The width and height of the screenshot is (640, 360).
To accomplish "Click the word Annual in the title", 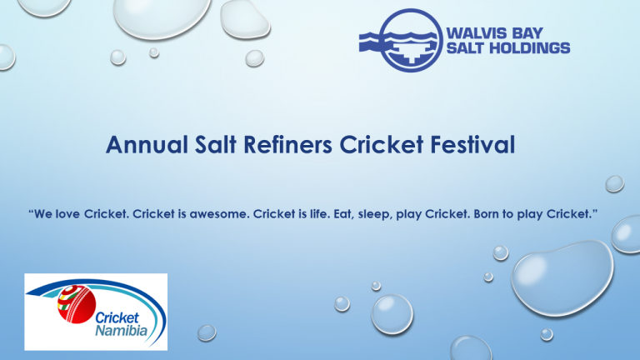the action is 147,145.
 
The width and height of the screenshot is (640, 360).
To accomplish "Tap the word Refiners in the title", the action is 287,145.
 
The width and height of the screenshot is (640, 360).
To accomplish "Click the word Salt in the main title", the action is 216,145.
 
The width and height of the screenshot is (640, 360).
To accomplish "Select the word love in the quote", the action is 67,214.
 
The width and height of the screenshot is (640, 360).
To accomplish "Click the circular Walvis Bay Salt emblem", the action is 411,40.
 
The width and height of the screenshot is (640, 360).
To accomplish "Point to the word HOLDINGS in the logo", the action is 530,48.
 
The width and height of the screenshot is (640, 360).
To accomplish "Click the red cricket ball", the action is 77,304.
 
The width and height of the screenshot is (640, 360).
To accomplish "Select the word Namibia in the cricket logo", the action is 121,330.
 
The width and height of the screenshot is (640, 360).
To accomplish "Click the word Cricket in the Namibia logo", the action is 117,317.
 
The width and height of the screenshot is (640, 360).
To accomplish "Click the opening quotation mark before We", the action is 31,211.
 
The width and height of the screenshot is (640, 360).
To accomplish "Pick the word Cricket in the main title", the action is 381,145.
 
